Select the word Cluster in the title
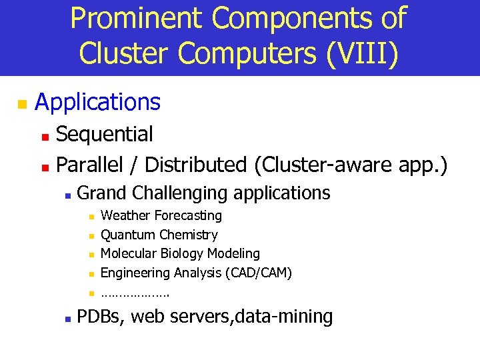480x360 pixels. tap(117, 53)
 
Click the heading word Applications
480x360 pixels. tap(97, 102)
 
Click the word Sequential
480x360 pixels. tap(105, 134)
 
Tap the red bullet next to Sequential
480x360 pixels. tap(45, 136)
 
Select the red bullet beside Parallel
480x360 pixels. tap(45, 165)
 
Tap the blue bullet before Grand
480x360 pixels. tap(67, 195)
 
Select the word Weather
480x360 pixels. tap(125, 215)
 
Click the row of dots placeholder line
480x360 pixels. tap(135, 293)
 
